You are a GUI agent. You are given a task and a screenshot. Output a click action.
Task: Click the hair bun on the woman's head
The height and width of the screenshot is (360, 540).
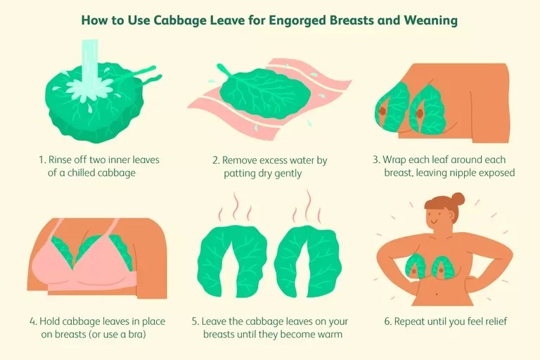point(458,199)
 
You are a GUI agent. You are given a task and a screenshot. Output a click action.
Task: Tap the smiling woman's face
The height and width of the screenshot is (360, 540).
point(436,217)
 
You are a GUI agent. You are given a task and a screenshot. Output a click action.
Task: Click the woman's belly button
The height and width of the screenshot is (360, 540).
point(437,295)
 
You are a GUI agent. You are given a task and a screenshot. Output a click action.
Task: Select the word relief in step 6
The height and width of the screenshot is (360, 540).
point(496,321)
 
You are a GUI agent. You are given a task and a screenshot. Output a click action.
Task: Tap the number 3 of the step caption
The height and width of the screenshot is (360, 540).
point(377,160)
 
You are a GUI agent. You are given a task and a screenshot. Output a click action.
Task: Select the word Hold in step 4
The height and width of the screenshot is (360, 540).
point(50,321)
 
